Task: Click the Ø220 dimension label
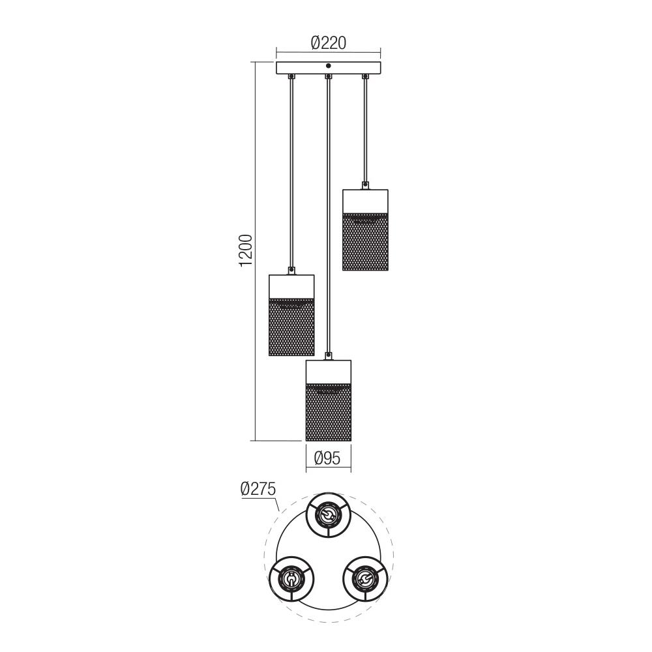[328, 43]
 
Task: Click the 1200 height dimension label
[245, 250]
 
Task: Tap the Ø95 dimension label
[328, 458]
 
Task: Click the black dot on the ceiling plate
[328, 66]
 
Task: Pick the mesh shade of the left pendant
[291, 327]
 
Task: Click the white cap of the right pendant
[365, 201]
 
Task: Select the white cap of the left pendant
[291, 286]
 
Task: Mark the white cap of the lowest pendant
[328, 371]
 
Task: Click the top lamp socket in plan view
[328, 516]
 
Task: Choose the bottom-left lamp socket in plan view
[291, 578]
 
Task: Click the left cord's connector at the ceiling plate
[291, 77]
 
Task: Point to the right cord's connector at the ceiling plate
[365, 77]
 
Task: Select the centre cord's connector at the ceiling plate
[329, 77]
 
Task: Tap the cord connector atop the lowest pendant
[329, 356]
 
